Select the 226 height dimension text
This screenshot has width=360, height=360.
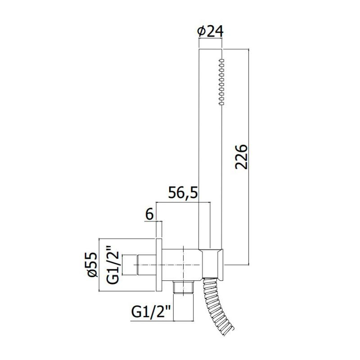pos(241,157)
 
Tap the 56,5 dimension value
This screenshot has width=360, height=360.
pos(183,193)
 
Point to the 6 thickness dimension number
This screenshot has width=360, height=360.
pos(149,215)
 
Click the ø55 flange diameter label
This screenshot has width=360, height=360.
pos(92,265)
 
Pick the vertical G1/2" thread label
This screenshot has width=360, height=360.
pos(113,265)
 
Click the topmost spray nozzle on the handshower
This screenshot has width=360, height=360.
pos(221,60)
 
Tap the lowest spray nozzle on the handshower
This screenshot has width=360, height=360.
pos(221,104)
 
